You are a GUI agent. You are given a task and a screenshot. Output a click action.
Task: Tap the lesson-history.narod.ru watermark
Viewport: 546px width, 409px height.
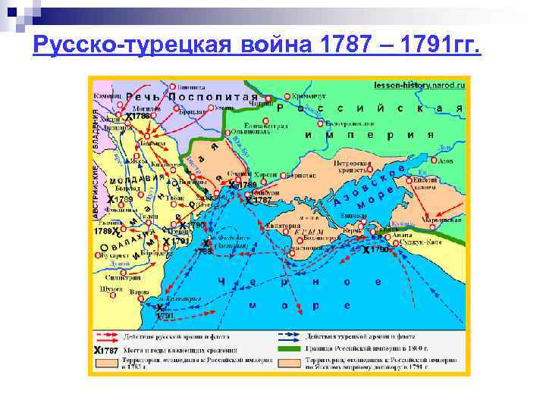[419, 86]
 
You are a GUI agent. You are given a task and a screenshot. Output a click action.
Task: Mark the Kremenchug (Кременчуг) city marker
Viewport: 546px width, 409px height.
[287, 97]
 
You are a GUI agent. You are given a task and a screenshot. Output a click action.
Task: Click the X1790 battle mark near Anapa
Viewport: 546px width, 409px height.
[377, 249]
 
